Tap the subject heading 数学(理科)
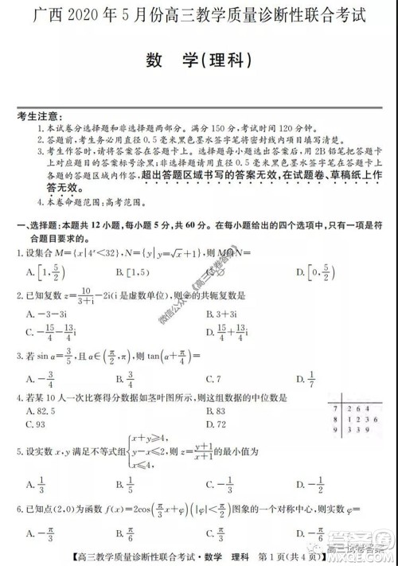[x=199, y=61]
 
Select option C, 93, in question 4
[x=39, y=424]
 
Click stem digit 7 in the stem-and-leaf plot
[x=332, y=407]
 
